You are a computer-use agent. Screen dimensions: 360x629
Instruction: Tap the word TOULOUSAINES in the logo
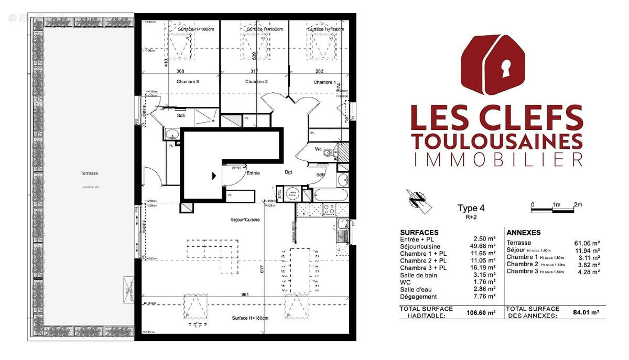coord(496,141)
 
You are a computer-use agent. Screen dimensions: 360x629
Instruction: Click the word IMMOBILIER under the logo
coord(496,159)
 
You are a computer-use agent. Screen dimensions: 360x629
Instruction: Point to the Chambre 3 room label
coord(188,82)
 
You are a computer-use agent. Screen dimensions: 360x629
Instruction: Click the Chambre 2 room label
coord(256,82)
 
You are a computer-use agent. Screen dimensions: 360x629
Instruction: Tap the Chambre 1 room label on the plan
coord(324,82)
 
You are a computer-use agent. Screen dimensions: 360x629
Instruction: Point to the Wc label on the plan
coord(318,150)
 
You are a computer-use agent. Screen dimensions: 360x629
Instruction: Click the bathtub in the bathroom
coord(330,196)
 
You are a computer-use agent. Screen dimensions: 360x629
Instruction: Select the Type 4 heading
coord(468,208)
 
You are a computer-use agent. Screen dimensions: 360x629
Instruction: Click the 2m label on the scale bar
coord(578,204)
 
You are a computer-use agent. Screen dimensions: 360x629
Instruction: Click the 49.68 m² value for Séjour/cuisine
coord(484,246)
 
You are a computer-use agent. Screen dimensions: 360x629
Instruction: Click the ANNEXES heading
coord(524,233)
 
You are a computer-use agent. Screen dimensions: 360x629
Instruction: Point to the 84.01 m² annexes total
coord(586,313)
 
